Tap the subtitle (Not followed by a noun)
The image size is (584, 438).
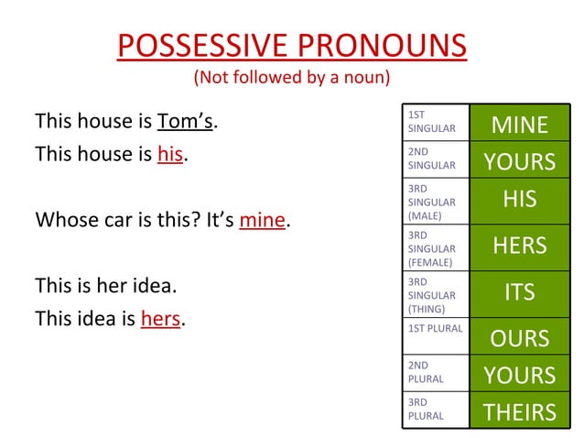(x=291, y=77)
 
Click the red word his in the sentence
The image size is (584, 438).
(x=170, y=154)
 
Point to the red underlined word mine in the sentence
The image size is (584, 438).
(x=262, y=220)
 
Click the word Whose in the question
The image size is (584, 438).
(x=64, y=220)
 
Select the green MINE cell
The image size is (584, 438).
(x=520, y=124)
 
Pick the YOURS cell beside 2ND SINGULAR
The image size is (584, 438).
(x=520, y=161)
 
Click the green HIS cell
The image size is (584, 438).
(x=520, y=200)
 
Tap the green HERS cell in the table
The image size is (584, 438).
(x=520, y=246)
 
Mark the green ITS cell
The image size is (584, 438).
(x=520, y=292)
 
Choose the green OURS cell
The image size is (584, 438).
(x=520, y=338)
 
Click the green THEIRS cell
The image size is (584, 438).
(x=520, y=412)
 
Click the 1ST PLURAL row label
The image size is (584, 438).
(x=436, y=327)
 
